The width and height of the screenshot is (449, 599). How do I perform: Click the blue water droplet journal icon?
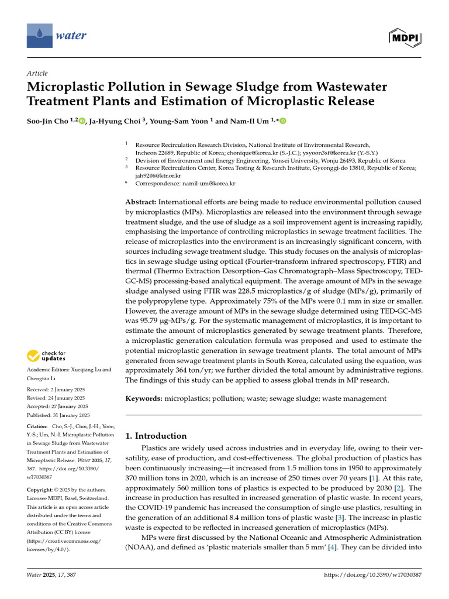[39, 36]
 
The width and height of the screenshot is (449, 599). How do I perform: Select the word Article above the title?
[37, 73]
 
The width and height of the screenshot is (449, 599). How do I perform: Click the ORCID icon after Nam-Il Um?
[283, 121]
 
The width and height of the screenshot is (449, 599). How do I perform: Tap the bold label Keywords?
[144, 398]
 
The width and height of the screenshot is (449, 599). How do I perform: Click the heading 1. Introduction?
[156, 436]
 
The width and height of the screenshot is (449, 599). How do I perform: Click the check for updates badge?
[44, 355]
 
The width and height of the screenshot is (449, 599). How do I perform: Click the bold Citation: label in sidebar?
[38, 427]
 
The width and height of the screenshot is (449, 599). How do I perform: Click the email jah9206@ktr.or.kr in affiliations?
[158, 175]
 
